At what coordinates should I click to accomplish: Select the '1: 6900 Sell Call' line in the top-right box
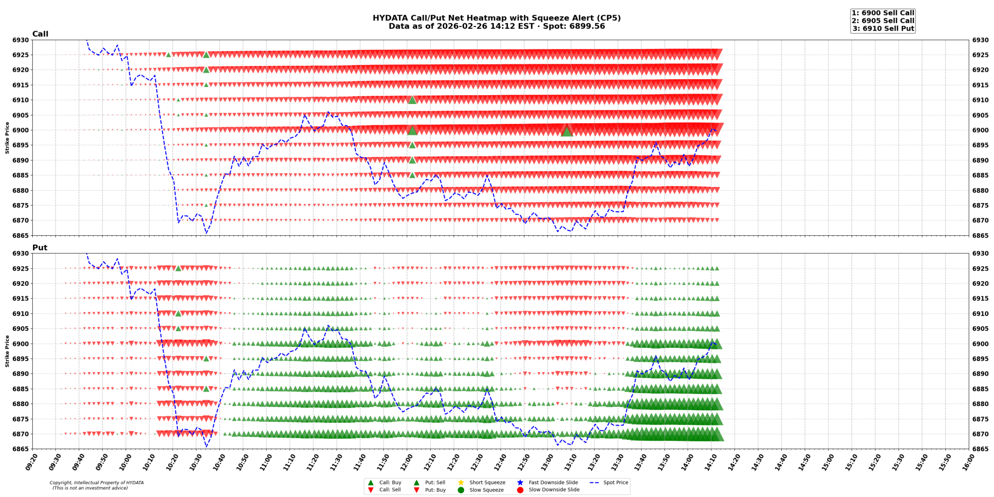pyautogui.click(x=883, y=13)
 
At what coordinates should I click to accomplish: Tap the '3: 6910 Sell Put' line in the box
pyautogui.click(x=883, y=28)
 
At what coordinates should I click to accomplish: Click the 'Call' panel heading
pyautogui.click(x=40, y=34)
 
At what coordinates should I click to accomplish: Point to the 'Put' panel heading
pyautogui.click(x=40, y=247)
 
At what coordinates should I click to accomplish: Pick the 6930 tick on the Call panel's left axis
pyautogui.click(x=21, y=40)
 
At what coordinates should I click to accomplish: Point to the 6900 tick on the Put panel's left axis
pyautogui.click(x=21, y=344)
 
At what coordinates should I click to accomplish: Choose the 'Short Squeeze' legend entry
pyautogui.click(x=487, y=482)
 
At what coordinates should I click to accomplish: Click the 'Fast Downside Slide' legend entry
pyautogui.click(x=553, y=482)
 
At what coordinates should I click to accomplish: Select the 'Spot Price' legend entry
pyautogui.click(x=615, y=482)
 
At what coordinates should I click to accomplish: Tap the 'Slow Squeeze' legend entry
pyautogui.click(x=486, y=490)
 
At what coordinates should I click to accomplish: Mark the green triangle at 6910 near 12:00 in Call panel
pyautogui.click(x=412, y=100)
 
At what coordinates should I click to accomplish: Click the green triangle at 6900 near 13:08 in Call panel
pyautogui.click(x=567, y=131)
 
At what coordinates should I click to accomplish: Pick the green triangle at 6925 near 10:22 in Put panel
pyautogui.click(x=178, y=268)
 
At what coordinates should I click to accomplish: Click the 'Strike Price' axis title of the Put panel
pyautogui.click(x=7, y=351)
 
